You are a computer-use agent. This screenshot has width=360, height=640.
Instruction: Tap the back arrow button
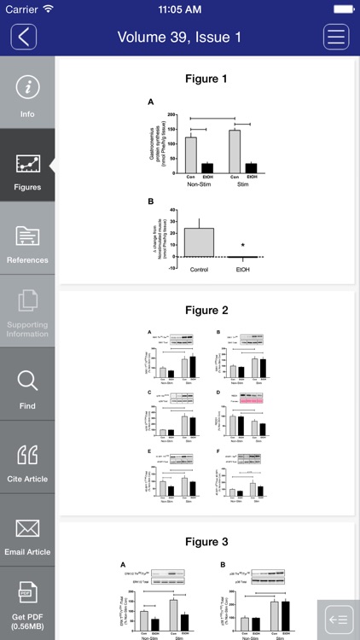point(24,37)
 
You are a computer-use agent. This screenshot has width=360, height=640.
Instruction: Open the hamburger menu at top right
point(336,37)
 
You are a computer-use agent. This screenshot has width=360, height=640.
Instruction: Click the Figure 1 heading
point(206,79)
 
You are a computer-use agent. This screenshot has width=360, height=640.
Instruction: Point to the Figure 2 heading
point(206,311)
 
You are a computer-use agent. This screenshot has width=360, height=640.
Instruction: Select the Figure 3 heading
point(206,542)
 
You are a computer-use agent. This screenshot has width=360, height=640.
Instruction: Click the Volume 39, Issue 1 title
point(179,37)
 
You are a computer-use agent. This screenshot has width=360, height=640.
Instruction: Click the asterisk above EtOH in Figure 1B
point(243,247)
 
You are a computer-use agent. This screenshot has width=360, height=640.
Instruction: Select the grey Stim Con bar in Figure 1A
point(235,151)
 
